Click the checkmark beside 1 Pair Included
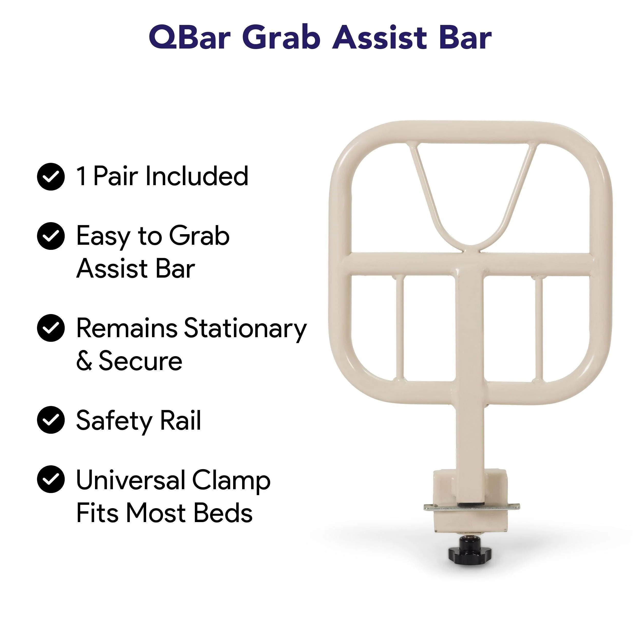tap(51, 176)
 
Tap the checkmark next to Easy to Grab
tap(51, 236)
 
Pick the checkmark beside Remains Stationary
tap(51, 328)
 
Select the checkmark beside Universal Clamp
tap(51, 479)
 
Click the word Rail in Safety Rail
tap(181, 420)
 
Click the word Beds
tap(223, 512)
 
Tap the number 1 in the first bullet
tap(82, 176)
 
